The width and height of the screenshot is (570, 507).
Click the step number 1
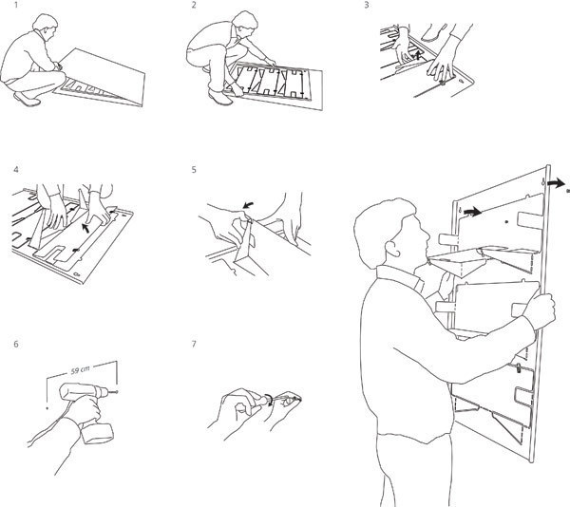[15, 6]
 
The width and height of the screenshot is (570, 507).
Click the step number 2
[194, 6]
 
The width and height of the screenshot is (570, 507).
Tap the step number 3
[367, 6]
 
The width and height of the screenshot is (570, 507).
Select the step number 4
[15, 170]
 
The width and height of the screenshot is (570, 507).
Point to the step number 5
[194, 170]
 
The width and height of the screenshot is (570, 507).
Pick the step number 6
[15, 344]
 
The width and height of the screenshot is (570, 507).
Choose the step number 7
[194, 344]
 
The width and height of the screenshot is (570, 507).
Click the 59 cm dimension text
[80, 370]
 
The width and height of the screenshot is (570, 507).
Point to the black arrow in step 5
[248, 206]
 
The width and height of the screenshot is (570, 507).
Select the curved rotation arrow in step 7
[269, 399]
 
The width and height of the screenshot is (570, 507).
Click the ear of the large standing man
[391, 248]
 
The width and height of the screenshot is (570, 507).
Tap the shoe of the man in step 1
[27, 99]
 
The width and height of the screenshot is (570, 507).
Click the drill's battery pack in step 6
[97, 433]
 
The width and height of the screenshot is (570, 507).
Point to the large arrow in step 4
[85, 228]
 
